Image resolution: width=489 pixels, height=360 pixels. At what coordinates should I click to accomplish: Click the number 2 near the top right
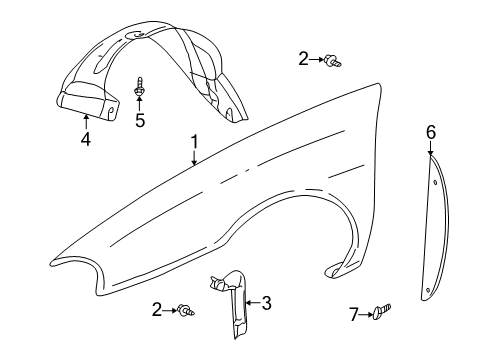tap(304, 59)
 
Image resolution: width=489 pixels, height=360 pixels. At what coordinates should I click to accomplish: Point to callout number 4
tap(85, 140)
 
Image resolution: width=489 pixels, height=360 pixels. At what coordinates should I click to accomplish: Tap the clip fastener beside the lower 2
tap(186, 311)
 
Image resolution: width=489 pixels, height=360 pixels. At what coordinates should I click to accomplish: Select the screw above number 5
tap(140, 87)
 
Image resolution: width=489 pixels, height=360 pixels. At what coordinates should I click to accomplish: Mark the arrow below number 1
tap(195, 158)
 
